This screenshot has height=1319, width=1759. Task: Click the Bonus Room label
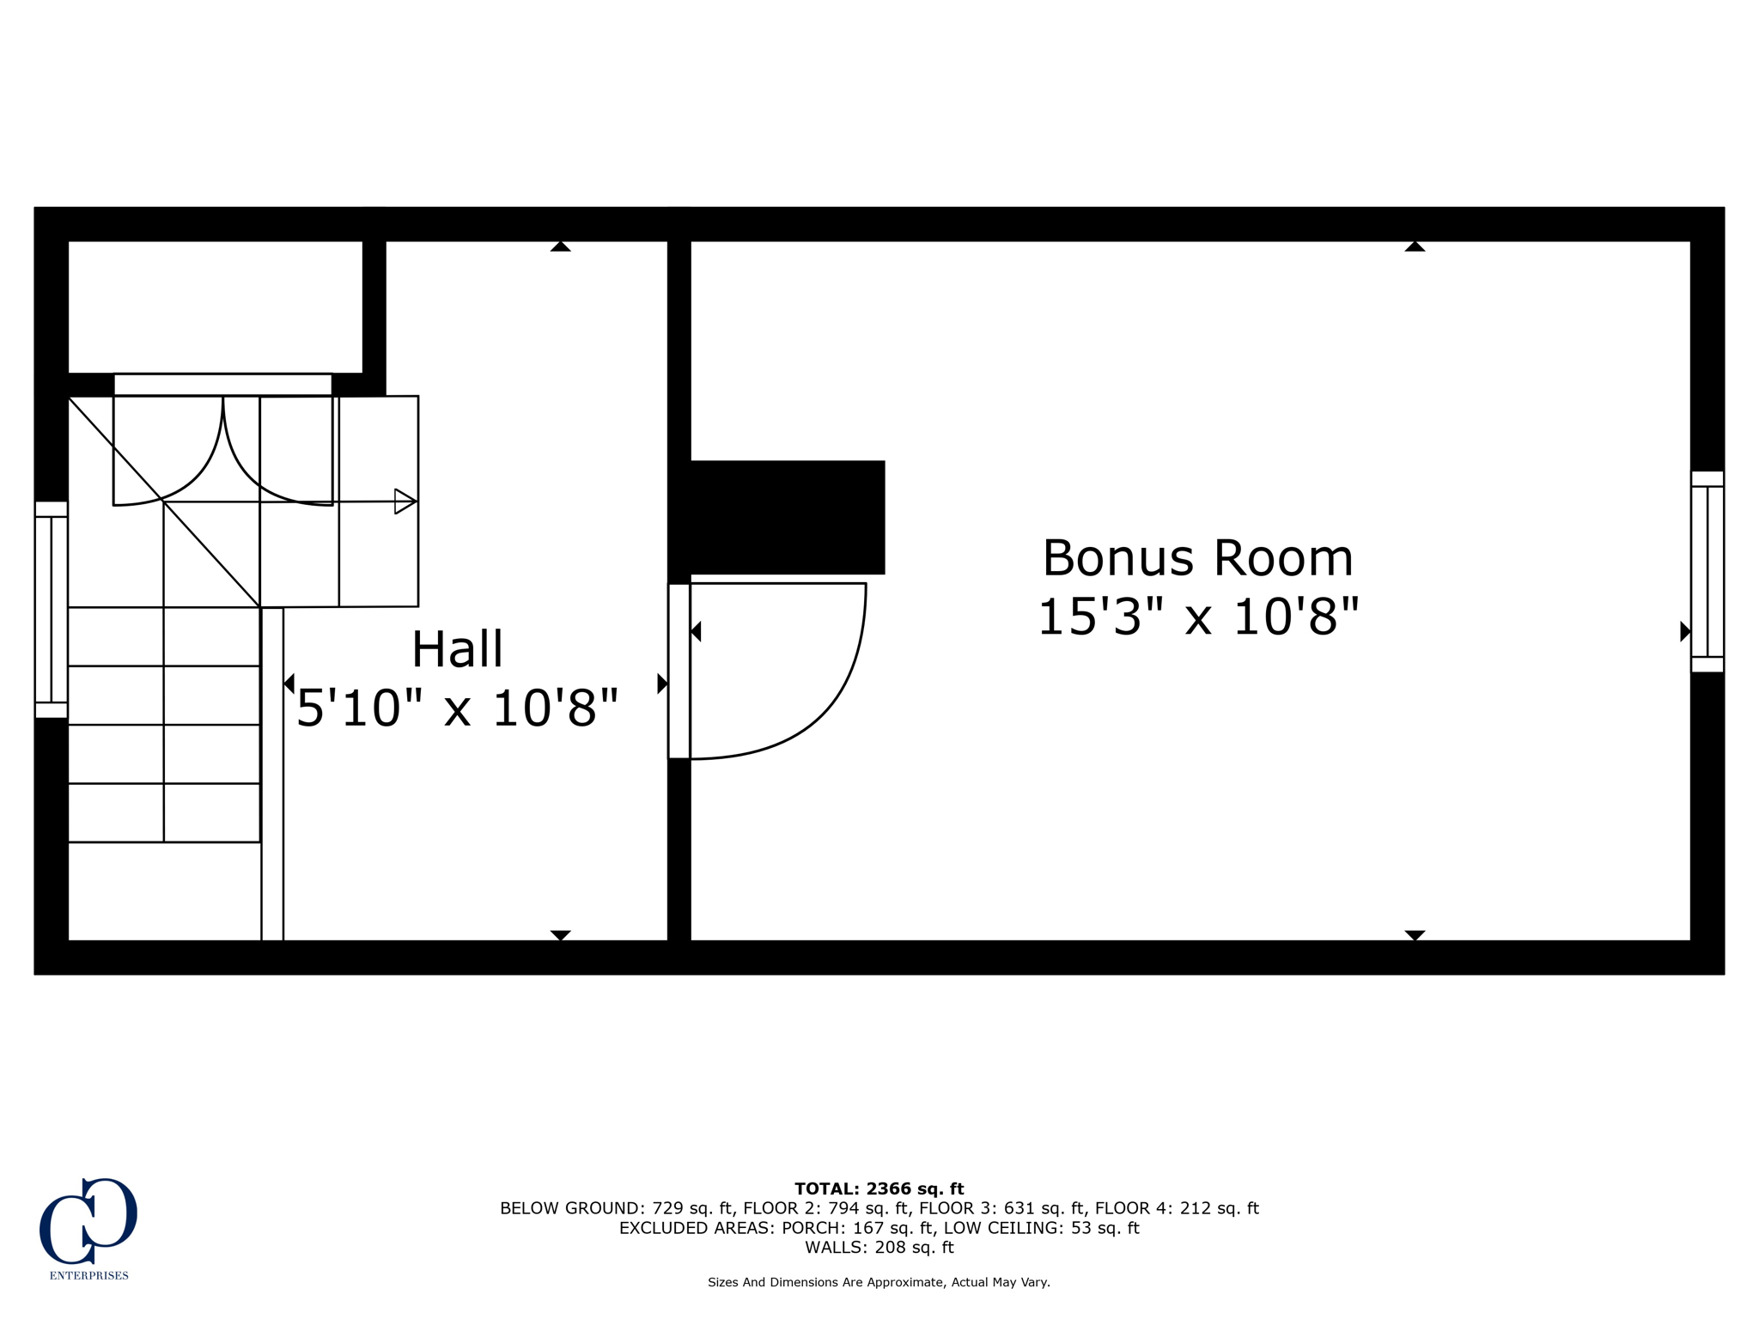click(x=1197, y=558)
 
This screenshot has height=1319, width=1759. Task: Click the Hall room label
click(x=457, y=649)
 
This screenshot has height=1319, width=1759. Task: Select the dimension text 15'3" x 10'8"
click(x=1197, y=617)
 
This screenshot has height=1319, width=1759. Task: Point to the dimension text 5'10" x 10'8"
click(x=457, y=709)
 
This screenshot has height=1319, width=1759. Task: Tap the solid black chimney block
click(x=786, y=517)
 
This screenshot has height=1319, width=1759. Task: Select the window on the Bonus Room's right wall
click(x=1707, y=571)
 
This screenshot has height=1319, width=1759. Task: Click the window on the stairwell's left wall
click(x=51, y=610)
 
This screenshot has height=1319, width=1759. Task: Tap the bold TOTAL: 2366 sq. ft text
click(x=879, y=1188)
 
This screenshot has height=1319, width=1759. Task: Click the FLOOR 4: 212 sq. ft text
click(x=1177, y=1208)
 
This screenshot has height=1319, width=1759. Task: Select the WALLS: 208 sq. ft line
click(x=879, y=1248)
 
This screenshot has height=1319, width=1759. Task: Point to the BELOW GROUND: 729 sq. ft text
click(x=616, y=1208)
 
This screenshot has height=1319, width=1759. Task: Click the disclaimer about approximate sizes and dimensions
click(x=879, y=1282)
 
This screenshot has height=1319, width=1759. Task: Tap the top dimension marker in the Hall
click(x=560, y=247)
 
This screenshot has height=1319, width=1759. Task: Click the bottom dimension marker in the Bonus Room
click(x=1415, y=934)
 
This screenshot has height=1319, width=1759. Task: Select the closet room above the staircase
click(x=215, y=307)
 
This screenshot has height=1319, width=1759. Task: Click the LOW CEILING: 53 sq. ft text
click(x=1041, y=1228)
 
